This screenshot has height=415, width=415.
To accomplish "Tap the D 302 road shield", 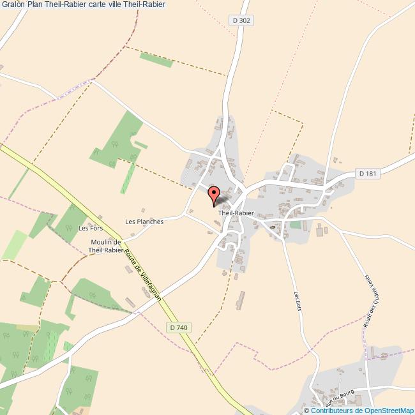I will (x=242, y=20).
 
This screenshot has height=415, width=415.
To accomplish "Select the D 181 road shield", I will (x=368, y=173).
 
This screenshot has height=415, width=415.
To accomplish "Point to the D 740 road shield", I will (x=179, y=328).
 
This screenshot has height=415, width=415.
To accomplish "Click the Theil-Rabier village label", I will (x=236, y=213).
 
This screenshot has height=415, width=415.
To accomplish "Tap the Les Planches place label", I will (x=144, y=222).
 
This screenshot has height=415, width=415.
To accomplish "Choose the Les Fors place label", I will (x=90, y=228).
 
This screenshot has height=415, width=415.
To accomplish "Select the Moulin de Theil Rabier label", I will (x=105, y=246).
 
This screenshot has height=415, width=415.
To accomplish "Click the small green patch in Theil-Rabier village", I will (x=294, y=225).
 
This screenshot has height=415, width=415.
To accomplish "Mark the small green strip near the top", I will (x=156, y=60).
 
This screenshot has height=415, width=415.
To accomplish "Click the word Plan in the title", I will (x=36, y=4).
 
